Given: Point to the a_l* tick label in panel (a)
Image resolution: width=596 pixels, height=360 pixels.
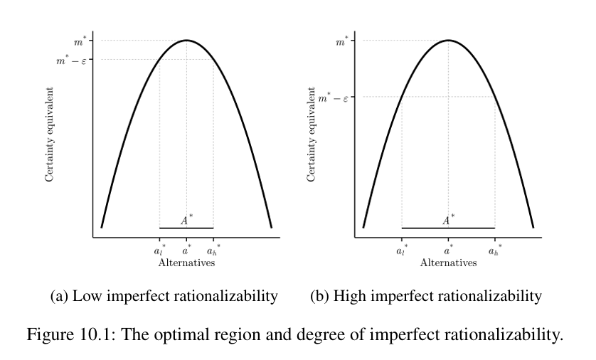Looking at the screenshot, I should [x=159, y=250].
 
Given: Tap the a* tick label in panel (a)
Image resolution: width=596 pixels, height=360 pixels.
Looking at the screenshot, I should [x=186, y=250].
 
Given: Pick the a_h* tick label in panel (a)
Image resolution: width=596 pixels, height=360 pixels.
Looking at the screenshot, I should [x=213, y=250].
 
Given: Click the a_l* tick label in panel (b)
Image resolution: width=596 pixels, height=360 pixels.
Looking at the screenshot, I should [x=402, y=250].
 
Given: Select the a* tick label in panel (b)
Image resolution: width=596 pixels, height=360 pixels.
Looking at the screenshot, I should [x=448, y=250].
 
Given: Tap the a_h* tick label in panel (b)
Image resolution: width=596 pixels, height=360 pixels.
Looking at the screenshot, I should [x=494, y=250].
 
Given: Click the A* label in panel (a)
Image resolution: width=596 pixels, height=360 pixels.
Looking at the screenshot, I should [x=186, y=221].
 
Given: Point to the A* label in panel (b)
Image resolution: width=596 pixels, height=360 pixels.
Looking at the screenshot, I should [x=448, y=221].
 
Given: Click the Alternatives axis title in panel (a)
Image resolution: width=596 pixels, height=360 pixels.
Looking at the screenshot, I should [x=186, y=263].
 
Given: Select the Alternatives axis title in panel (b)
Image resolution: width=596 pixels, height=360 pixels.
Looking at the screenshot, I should [x=448, y=263].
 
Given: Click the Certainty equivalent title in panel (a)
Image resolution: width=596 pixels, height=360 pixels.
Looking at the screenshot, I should [x=50, y=135].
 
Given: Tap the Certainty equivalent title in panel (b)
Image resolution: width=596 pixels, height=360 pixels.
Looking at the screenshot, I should [x=312, y=135].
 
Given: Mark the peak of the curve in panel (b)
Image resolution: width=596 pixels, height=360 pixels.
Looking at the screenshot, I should [x=448, y=40].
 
